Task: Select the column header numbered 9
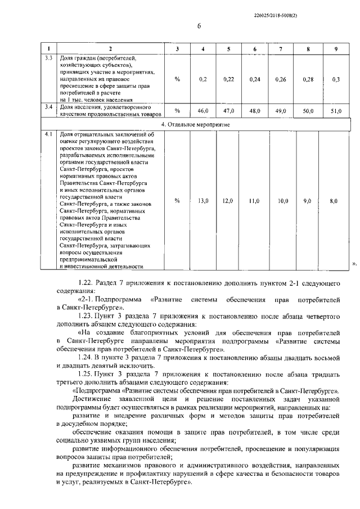335,49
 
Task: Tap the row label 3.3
49,58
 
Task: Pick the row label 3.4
49,106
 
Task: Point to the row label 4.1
49,135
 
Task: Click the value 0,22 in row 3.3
228,79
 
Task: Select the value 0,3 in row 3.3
336,79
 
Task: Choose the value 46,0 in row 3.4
203,111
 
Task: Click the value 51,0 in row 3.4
335,111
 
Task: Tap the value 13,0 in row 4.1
203,200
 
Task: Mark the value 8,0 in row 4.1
334,200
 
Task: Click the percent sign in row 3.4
177,111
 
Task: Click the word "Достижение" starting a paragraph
93,398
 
